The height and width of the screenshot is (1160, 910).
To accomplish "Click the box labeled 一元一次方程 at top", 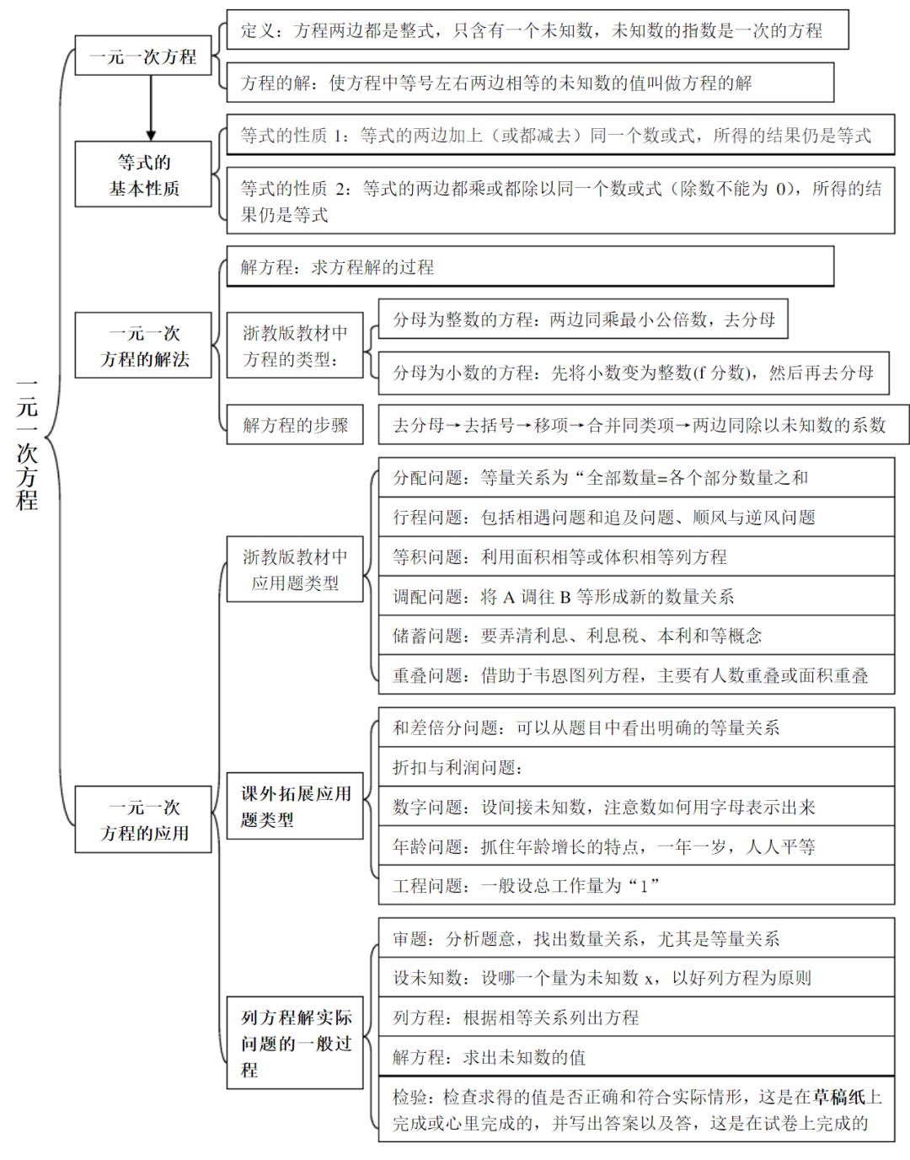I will point(142,56).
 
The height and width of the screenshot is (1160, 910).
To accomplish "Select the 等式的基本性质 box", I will point(142,175).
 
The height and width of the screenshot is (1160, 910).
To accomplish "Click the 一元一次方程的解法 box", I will point(142,346).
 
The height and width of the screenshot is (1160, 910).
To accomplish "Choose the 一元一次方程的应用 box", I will point(142,819).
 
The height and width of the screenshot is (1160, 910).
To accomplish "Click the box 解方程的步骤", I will point(295,425).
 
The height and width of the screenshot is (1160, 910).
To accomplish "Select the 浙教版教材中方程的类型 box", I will point(295,346).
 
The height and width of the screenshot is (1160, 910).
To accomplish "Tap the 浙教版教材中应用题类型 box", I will point(295,569).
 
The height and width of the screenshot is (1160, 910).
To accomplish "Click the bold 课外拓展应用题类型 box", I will point(295,806).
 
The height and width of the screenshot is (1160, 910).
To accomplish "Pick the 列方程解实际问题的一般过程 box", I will point(295,1043).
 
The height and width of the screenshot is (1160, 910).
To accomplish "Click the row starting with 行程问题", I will point(636,517).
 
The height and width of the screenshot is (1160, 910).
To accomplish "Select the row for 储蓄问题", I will point(636,636).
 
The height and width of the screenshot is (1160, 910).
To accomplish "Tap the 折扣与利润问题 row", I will point(636,767).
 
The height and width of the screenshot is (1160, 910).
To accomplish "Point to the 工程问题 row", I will point(636,885).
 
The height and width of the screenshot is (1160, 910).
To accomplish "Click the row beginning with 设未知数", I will point(636,978).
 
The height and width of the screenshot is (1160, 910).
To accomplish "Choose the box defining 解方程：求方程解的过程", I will point(530,267).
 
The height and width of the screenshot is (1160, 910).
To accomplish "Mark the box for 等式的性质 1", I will point(560,135).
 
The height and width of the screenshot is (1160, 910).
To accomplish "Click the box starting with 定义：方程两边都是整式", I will point(537,30).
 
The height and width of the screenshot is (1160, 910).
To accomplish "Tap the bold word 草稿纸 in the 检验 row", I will point(838,1097).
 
